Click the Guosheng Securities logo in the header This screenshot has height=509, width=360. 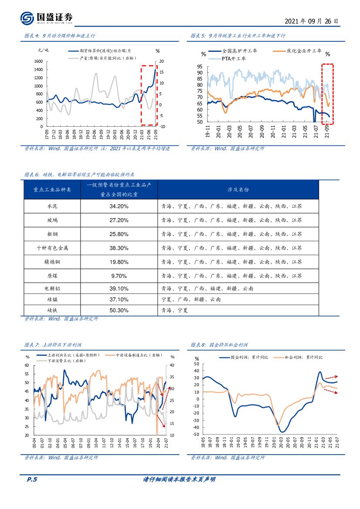pyautogui.click(x=46, y=18)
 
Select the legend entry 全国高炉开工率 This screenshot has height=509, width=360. pyautogui.click(x=239, y=51)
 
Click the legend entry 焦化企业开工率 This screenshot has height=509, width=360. pyautogui.click(x=303, y=51)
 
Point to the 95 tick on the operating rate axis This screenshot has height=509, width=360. pyautogui.click(x=199, y=66)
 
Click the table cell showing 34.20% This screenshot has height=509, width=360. pyautogui.click(x=119, y=206)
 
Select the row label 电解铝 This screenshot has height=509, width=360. pyautogui.click(x=52, y=288)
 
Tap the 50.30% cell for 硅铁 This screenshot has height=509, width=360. pyautogui.click(x=119, y=310)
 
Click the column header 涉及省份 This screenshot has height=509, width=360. pyautogui.click(x=238, y=189)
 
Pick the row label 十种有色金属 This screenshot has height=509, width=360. pyautogui.click(x=52, y=247)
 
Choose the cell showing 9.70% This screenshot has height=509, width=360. pyautogui.click(x=119, y=276)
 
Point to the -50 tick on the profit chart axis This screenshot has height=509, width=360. pyautogui.click(x=196, y=435)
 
